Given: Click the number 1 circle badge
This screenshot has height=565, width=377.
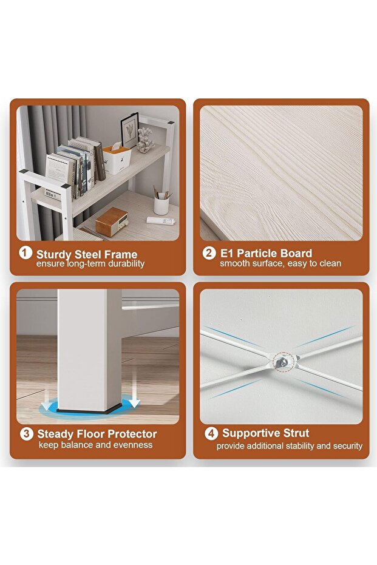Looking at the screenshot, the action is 25,252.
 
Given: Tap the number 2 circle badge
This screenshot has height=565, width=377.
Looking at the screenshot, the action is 209,252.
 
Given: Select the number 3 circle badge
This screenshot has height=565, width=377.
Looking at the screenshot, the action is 26,433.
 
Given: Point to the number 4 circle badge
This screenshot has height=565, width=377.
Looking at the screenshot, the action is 211,433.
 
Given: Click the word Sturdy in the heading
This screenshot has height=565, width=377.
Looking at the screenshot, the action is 53,255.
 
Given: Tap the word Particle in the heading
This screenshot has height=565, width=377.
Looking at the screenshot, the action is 257,253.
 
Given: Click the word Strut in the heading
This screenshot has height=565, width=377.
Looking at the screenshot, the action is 296,433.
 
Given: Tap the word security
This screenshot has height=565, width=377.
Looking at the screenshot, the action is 348,446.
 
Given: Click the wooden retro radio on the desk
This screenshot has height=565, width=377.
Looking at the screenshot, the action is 112,222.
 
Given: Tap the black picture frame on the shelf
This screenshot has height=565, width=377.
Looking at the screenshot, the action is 130,130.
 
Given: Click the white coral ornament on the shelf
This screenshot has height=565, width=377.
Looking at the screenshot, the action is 145,140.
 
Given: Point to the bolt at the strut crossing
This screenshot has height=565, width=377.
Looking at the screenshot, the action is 284,362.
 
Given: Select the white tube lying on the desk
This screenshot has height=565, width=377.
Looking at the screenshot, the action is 161,220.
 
